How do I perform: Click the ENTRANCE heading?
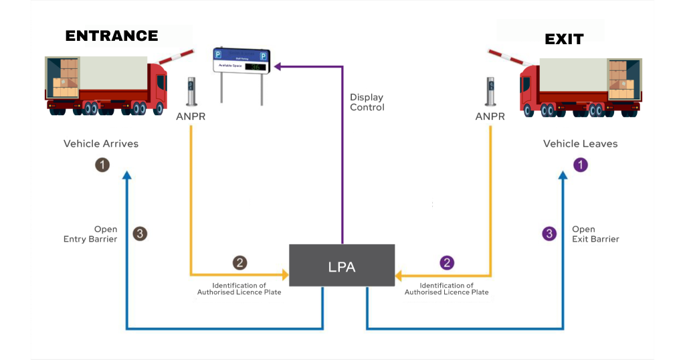112,36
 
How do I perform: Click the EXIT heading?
564,39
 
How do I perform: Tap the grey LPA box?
342,266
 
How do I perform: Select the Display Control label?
367,102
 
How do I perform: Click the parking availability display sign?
241,61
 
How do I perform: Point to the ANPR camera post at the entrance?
192,92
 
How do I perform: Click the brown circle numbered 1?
102,165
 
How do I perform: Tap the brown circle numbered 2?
239,263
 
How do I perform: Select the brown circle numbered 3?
140,234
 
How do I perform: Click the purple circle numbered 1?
581,165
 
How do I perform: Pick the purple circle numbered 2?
446,263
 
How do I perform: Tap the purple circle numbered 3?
549,234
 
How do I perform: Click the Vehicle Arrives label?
101,144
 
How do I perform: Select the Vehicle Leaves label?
580,144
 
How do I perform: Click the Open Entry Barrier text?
90,234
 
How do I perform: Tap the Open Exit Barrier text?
595,234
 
